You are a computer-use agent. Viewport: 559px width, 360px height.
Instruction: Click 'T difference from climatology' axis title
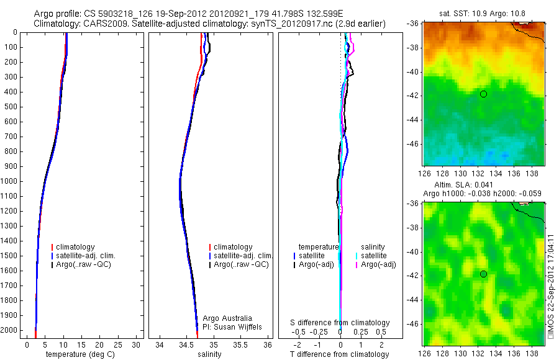(x=340, y=354)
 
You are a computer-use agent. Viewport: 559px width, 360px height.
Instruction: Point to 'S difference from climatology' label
(x=340, y=323)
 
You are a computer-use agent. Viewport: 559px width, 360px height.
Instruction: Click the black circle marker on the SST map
(x=483, y=94)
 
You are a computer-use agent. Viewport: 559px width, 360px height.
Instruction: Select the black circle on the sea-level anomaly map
(x=483, y=274)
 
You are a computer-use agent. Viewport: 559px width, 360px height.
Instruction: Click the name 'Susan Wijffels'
(x=232, y=326)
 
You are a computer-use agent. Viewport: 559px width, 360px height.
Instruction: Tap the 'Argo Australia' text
(x=227, y=318)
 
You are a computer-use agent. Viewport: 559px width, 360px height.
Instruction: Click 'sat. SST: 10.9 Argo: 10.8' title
(x=483, y=13)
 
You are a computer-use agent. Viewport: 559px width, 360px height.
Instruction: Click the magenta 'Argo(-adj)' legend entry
(x=378, y=264)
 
